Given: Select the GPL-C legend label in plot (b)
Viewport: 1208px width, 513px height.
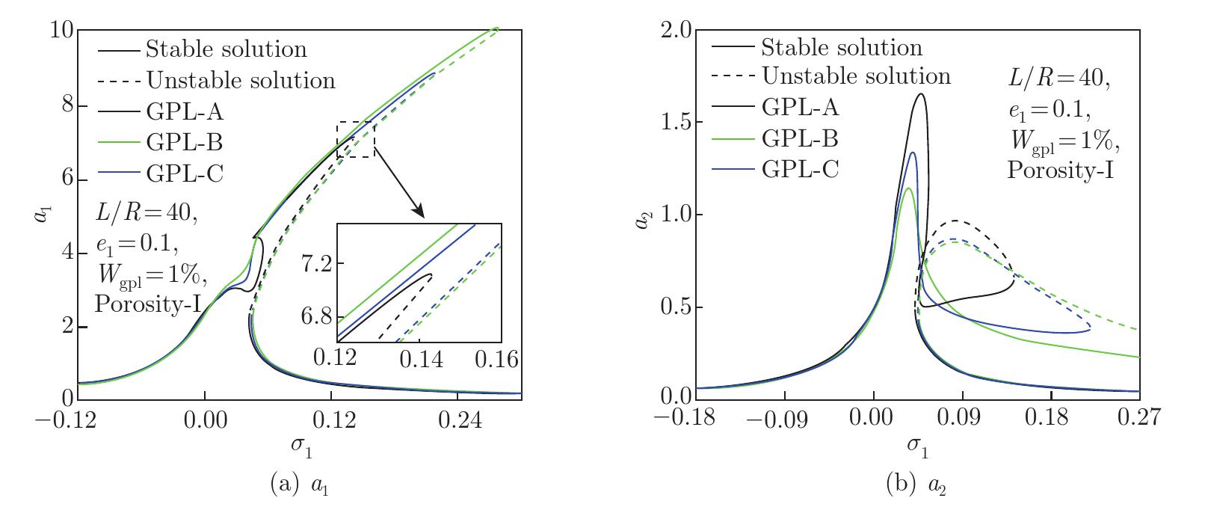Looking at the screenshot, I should (801, 169).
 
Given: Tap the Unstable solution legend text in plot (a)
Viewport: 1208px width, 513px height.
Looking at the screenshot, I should (240, 80).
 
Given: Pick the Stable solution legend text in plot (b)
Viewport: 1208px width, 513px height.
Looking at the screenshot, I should (842, 48).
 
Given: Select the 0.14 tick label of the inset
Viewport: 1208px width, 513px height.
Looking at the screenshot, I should (419, 360).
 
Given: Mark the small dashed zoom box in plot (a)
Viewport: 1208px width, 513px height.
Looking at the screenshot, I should (356, 139).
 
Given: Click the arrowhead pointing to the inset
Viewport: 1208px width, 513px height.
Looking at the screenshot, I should (419, 212).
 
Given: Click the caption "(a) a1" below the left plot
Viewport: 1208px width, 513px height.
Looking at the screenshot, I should (298, 486).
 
